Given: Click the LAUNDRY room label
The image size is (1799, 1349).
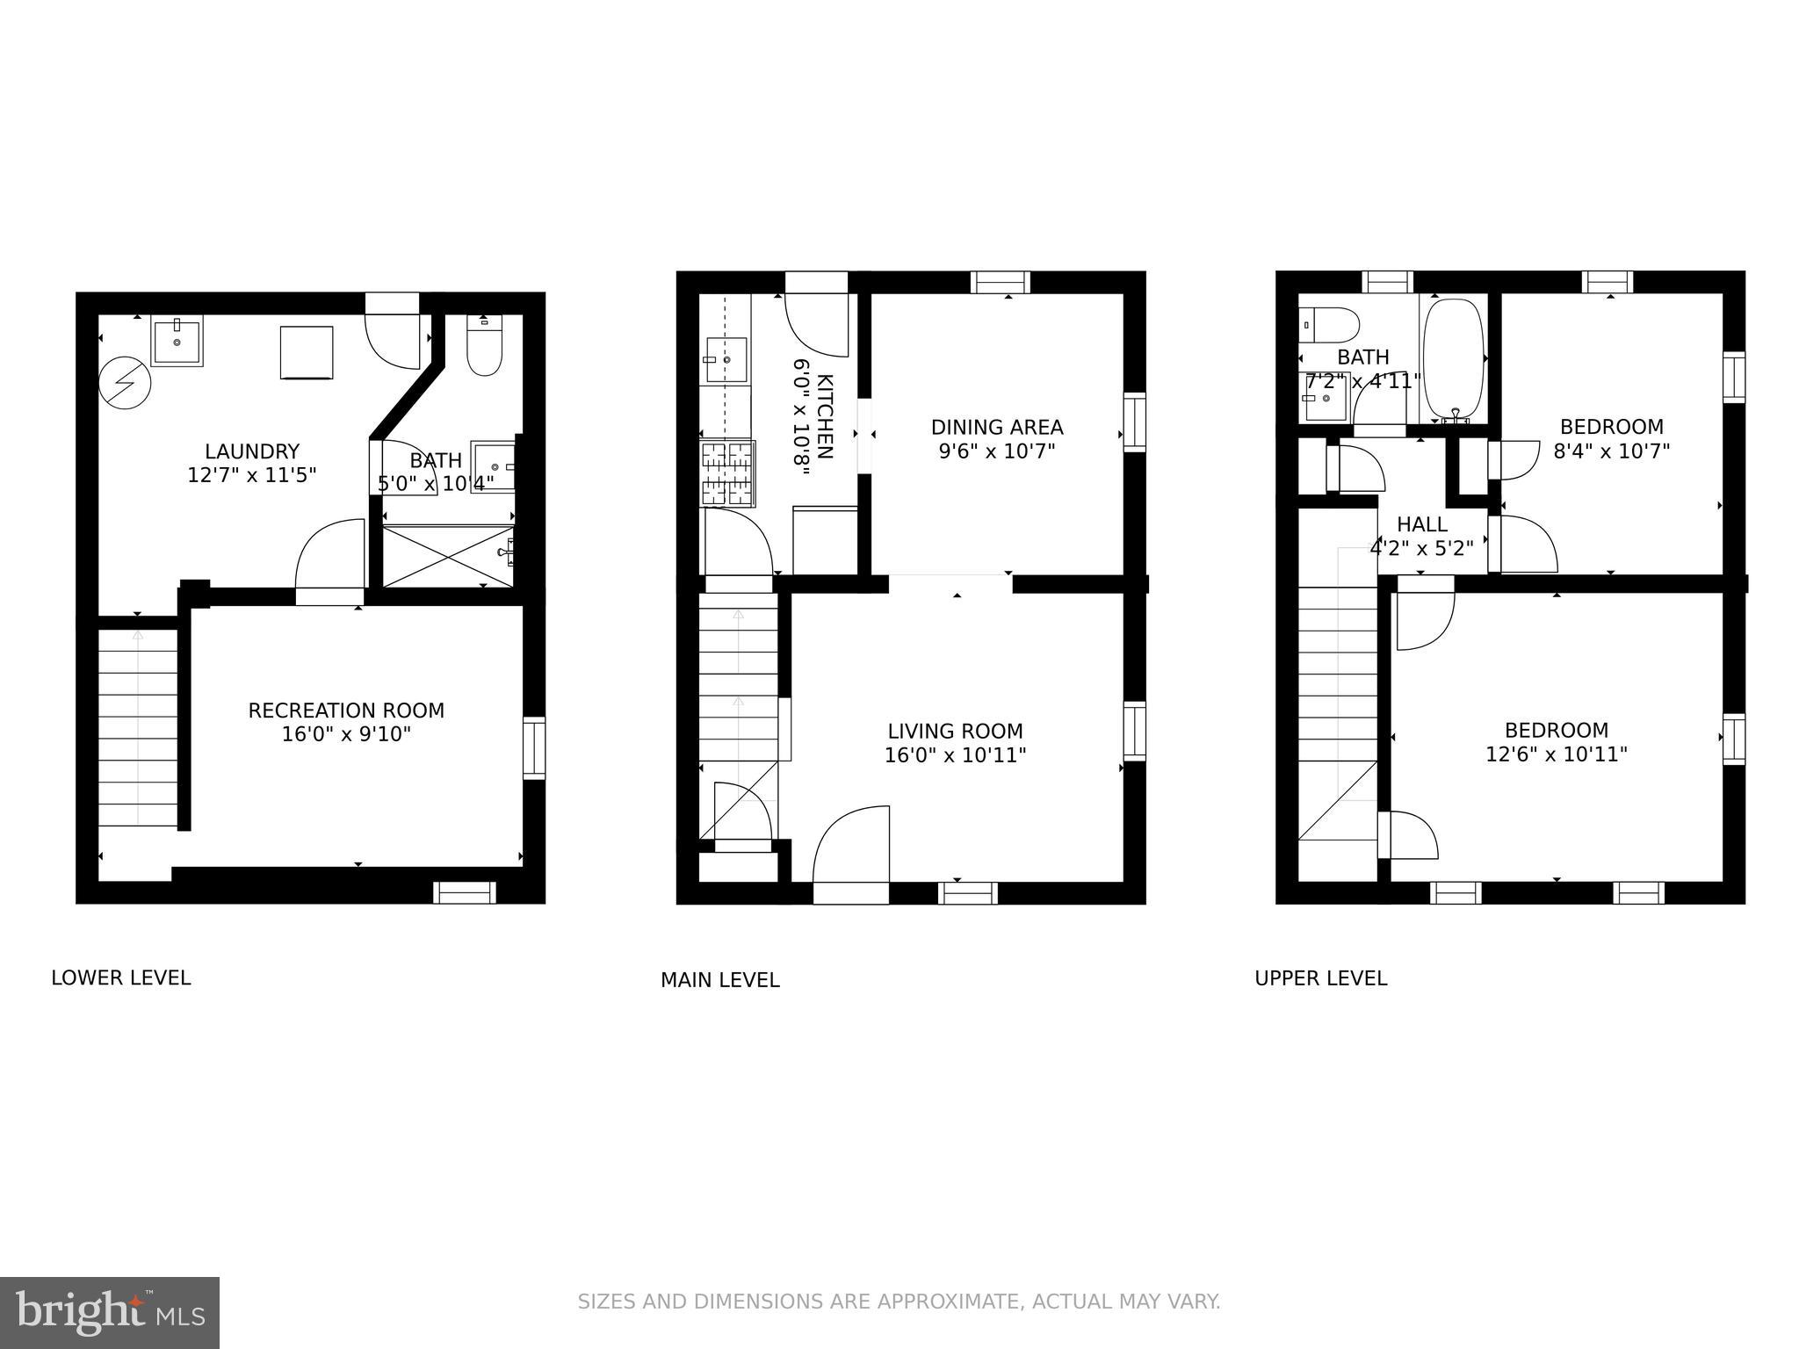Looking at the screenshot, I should pos(252,451).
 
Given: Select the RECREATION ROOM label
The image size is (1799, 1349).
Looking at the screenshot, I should pos(346,711).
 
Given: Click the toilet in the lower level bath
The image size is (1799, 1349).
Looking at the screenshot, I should pos(484,349).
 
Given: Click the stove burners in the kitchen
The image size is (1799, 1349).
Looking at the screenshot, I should pos(727,473).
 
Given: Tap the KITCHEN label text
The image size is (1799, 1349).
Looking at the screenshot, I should pos(825,416).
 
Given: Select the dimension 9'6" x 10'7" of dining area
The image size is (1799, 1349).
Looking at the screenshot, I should pos(997,451).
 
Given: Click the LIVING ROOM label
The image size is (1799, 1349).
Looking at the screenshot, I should pos(955,731).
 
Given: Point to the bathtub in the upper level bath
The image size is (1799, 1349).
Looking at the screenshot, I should pos(1454,360).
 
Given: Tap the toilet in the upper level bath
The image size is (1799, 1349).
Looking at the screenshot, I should pos(1328,325).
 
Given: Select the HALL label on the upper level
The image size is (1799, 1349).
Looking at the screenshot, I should pos(1422,524).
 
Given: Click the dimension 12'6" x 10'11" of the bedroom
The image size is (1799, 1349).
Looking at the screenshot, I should pos(1557,754).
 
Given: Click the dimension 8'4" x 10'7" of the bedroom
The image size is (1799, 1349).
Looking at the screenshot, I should pos(1611,451).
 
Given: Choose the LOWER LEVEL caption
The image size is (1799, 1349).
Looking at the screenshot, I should pos(121,977).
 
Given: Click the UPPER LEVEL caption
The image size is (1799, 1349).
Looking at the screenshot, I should pos(1320,977).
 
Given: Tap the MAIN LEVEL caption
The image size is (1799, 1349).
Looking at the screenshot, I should pos(719,979).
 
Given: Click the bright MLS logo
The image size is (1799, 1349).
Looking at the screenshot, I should pos(110,1312).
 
